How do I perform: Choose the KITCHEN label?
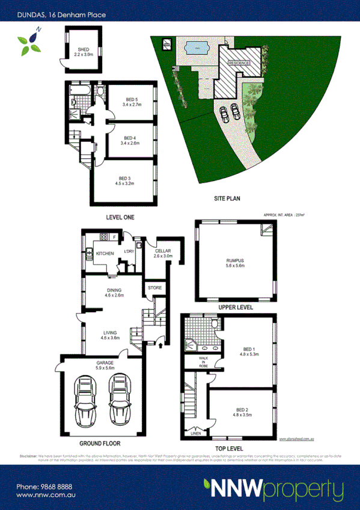point(105,254)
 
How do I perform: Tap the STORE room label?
point(155,288)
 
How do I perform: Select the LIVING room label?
point(109,332)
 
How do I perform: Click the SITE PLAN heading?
point(227,197)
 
